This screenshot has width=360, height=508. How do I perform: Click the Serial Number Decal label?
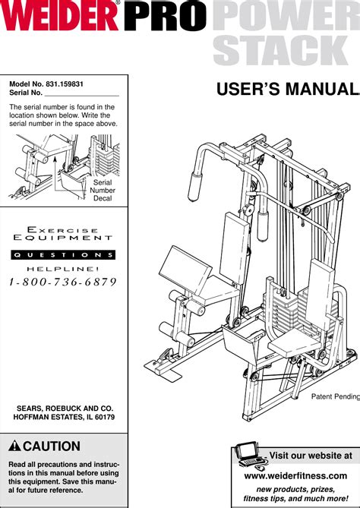(x=103, y=191)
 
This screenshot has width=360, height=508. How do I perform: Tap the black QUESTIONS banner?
(x=64, y=254)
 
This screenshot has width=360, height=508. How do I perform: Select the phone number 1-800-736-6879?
(x=63, y=282)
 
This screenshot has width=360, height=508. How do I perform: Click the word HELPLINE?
(x=64, y=268)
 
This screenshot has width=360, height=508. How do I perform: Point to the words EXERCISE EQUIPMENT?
(x=64, y=234)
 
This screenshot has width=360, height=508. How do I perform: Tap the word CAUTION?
(x=52, y=446)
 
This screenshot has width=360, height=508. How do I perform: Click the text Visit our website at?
(x=311, y=456)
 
